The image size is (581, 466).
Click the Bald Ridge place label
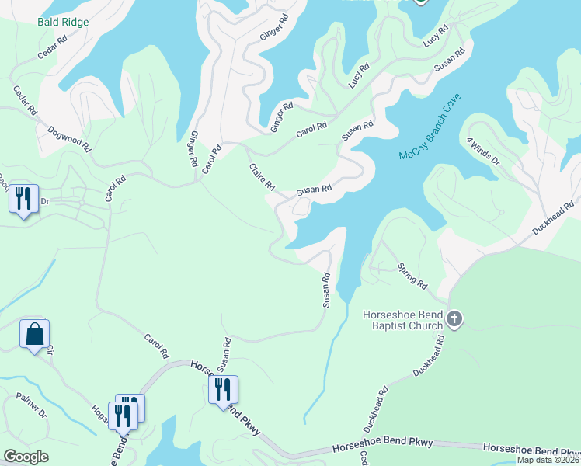coord(63,22)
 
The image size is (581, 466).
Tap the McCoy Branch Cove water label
coord(430,127)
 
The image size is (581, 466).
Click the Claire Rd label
coord(263,177)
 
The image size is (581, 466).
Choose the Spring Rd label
coord(412,276)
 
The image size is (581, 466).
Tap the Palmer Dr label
coord(31,405)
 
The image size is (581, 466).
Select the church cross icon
coord(455,319)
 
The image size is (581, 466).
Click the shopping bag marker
coord(34,335)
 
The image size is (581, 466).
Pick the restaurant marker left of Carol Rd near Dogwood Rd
coord(23,200)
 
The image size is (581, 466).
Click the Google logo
coord(26,457)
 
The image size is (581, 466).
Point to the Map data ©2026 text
coord(548,460)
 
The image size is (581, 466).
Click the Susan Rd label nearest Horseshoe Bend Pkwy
coord(224,353)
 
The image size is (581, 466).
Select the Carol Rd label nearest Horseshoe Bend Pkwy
coord(157,346)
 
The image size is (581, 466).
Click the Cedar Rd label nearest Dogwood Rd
coord(25,101)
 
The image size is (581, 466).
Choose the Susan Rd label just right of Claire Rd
coord(314,188)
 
